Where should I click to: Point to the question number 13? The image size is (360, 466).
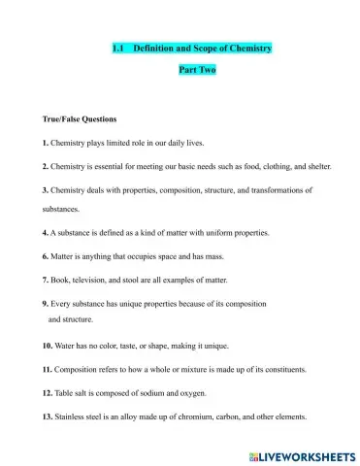[48, 416]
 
